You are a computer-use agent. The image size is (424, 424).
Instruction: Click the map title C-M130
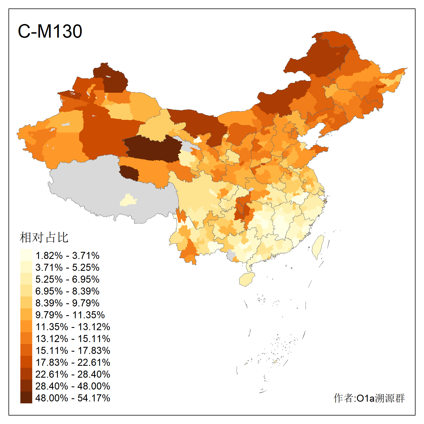click(50, 31)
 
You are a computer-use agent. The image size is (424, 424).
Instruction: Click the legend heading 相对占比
click(44, 237)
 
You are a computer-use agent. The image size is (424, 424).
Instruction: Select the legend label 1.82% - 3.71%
click(67, 256)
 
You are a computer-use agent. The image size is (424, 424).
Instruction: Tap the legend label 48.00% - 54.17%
click(73, 398)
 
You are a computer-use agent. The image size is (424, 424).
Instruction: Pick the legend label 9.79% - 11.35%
click(70, 315)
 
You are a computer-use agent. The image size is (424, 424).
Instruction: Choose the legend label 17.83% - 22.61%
click(73, 362)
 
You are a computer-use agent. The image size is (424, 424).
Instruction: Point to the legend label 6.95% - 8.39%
click(67, 291)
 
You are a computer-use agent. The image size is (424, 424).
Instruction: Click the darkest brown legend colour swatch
click(26, 398)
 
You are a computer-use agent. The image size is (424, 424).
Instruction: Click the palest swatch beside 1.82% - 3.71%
click(26, 255)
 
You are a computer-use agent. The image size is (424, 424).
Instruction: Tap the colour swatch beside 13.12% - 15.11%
click(26, 338)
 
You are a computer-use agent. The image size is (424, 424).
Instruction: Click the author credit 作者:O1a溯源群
click(369, 398)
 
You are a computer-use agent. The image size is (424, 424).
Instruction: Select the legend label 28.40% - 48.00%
click(73, 386)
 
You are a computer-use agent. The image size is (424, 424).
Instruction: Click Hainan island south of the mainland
click(247, 279)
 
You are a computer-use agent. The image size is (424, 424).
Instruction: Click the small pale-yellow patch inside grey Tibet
click(129, 200)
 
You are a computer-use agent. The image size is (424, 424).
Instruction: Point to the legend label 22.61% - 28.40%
click(73, 374)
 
